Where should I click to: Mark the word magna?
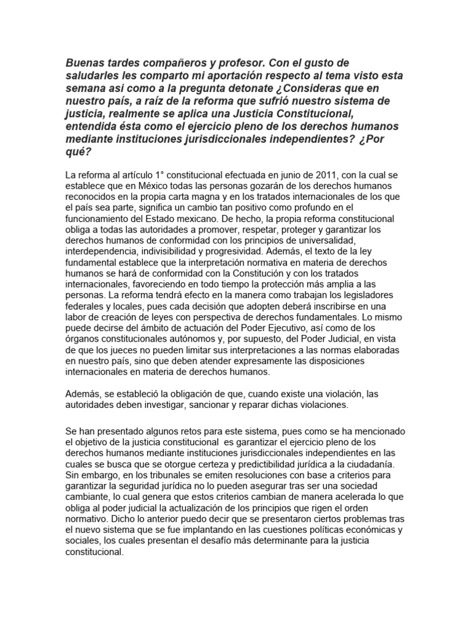[197, 196]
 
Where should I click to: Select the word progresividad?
[242, 251]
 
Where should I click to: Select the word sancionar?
[209, 405]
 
